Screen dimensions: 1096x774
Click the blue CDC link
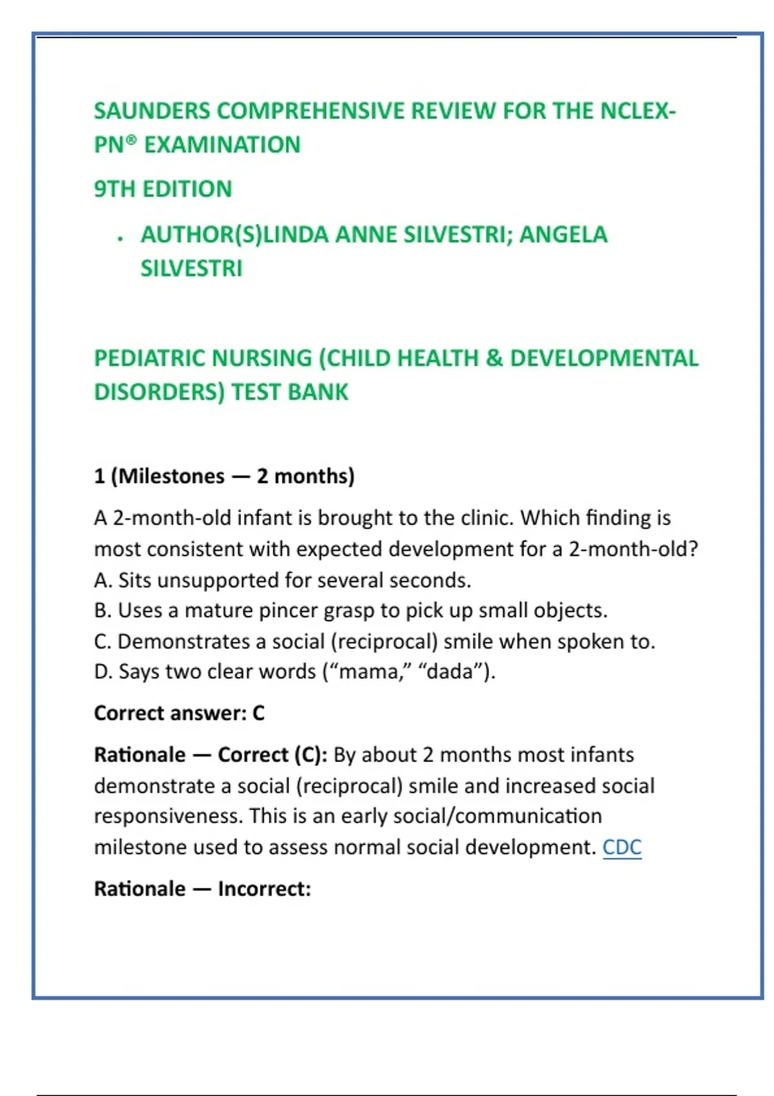[622, 847]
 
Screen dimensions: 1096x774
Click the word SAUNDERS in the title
[152, 111]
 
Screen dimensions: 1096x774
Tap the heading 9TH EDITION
[163, 189]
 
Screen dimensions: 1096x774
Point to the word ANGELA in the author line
[563, 235]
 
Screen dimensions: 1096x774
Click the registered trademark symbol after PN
[131, 140]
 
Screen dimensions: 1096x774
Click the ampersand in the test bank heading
[494, 358]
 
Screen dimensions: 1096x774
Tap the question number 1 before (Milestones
[99, 476]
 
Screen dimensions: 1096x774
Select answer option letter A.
[101, 580]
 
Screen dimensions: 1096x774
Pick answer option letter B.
[101, 611]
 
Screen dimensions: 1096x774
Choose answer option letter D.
[102, 672]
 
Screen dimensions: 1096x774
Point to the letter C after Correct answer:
[258, 713]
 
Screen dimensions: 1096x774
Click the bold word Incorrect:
[264, 889]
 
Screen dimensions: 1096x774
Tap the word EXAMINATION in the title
[222, 145]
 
